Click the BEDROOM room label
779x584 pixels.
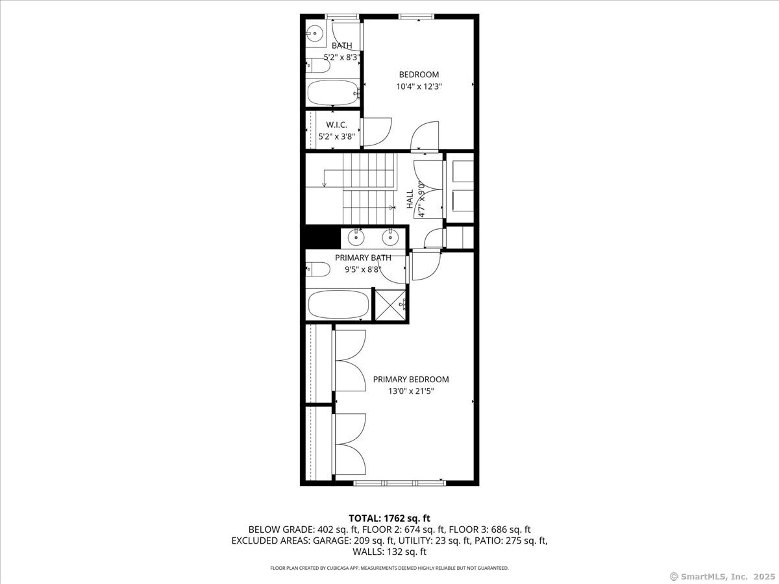[419, 75]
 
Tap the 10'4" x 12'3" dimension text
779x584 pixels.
[419, 86]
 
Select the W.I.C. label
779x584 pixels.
[336, 125]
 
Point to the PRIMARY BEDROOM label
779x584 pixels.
[411, 380]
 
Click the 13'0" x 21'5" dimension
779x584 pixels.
[411, 391]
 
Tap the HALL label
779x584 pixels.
[410, 199]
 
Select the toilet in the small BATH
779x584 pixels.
[318, 66]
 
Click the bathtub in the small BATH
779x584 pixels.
[333, 93]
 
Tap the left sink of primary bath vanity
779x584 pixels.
[356, 237]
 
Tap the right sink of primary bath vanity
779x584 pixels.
[390, 237]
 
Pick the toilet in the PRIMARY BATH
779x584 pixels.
[318, 269]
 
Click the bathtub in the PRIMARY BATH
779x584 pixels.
[338, 305]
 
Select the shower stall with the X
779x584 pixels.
[390, 305]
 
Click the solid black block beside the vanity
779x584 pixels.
[321, 237]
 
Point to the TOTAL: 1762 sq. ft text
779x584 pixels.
[389, 518]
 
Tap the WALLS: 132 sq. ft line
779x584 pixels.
[389, 552]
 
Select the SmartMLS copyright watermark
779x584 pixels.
[723, 576]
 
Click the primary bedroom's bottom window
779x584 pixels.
[400, 483]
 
